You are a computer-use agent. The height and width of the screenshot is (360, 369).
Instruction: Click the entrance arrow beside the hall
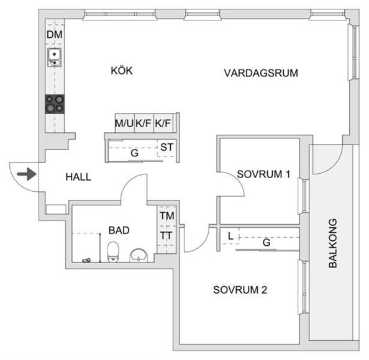click(27, 174)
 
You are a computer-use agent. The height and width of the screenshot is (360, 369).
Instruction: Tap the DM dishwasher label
click(55, 35)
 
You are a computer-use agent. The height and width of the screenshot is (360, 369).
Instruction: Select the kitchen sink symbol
click(55, 57)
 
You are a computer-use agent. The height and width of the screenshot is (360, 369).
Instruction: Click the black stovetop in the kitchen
click(55, 104)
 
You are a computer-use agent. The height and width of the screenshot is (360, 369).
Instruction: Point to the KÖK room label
click(122, 71)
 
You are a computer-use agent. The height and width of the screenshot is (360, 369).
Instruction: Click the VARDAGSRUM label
click(261, 73)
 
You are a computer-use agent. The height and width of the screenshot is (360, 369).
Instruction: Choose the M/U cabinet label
click(124, 124)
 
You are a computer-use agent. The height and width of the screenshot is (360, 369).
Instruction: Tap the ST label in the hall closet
click(166, 148)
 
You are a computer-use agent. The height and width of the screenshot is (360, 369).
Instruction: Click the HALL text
click(78, 177)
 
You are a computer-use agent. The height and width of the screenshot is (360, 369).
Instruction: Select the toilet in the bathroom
click(113, 252)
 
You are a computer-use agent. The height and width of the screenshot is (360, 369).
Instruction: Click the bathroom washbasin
click(139, 255)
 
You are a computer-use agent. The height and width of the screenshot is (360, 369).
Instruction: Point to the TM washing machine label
click(167, 215)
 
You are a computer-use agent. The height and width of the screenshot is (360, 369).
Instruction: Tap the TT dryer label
click(166, 235)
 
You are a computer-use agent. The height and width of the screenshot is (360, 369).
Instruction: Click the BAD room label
click(119, 230)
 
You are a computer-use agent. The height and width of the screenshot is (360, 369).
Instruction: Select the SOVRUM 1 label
click(263, 174)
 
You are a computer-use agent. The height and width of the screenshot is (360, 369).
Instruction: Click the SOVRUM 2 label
click(240, 290)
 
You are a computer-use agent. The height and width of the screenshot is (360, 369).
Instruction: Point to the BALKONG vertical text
click(333, 243)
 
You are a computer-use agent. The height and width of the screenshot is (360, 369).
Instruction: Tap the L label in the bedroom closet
click(230, 236)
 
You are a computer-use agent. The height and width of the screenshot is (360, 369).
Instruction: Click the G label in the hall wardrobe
click(134, 153)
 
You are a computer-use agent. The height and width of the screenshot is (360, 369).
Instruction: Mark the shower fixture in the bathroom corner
click(86, 260)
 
